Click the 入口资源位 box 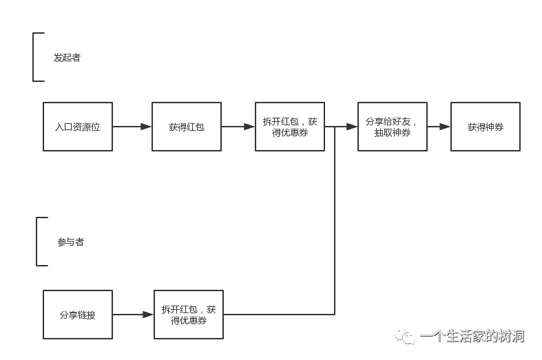pos(78,127)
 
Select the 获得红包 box pos(187,127)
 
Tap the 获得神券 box pos(486,127)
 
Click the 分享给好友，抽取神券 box pos(393,127)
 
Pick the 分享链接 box pos(78,315)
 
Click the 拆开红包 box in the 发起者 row pos(290,127)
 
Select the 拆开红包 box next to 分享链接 pos(189,315)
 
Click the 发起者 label pos(67,58)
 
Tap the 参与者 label pos(70,242)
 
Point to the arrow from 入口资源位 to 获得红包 pos(132,127)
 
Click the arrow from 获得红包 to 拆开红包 pos(238,127)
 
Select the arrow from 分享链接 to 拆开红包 pos(133,315)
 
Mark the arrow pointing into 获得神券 pos(439,127)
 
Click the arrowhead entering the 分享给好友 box pos(353,127)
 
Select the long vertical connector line pos(335,220)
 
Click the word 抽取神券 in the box pos(393,133)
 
